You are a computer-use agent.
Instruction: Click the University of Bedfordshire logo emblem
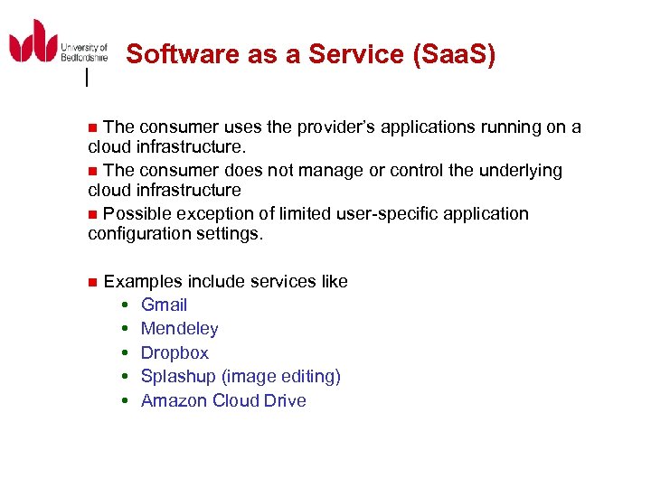tap(33, 42)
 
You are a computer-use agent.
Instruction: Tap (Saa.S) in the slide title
tap(453, 55)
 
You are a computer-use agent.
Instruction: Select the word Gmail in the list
tap(164, 305)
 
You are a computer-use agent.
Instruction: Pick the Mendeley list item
tap(179, 329)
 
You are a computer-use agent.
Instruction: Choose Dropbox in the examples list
tap(175, 353)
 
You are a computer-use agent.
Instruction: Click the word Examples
tap(140, 282)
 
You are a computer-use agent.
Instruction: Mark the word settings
tap(232, 234)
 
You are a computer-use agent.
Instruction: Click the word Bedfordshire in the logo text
tap(83, 57)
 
